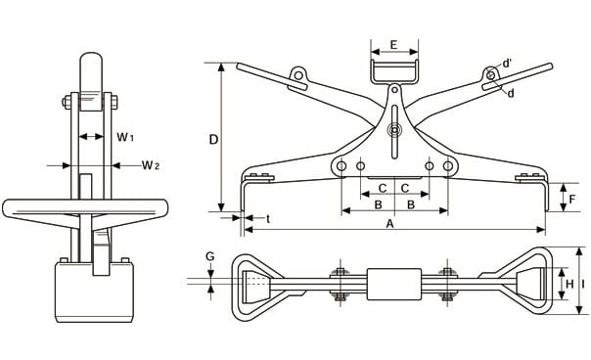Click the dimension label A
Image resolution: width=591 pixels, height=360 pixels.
click(x=390, y=224)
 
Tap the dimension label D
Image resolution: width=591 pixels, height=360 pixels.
click(x=213, y=140)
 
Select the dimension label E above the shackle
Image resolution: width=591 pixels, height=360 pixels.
click(x=393, y=45)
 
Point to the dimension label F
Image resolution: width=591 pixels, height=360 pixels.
click(x=572, y=199)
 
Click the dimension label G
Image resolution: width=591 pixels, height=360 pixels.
click(x=210, y=256)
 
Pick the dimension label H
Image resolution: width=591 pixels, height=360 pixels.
click(x=569, y=284)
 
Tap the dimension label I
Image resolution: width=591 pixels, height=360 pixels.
click(x=583, y=284)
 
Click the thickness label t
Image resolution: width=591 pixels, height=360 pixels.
click(x=268, y=218)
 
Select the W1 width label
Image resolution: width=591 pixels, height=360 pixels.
click(x=125, y=137)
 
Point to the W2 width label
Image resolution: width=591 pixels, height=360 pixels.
click(x=151, y=164)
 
